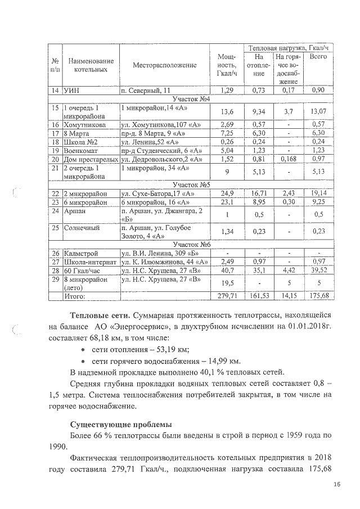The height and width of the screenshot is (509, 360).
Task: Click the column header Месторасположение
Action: coord(165,65)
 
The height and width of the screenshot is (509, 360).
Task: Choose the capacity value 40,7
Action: coord(228,270)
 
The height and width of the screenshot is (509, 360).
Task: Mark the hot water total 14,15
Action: coord(289,295)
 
